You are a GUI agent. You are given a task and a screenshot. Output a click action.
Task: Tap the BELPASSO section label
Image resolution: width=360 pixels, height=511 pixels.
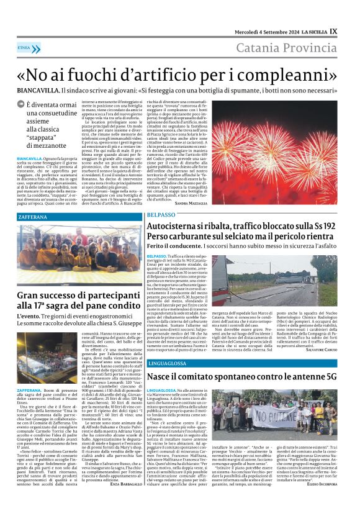point(161,214)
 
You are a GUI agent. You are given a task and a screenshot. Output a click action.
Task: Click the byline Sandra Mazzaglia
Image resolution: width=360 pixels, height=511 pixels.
point(192,204)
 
